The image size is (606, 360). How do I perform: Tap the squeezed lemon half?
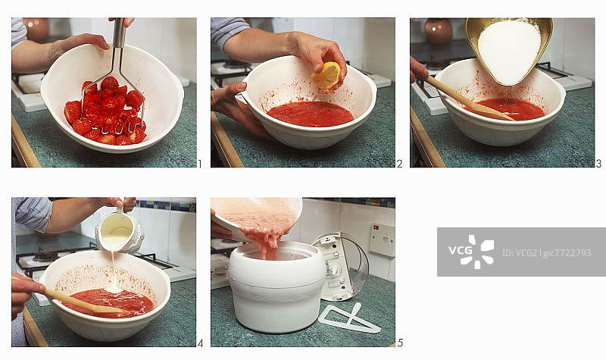(x=326, y=75)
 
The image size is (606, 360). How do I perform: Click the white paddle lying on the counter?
(x=349, y=319)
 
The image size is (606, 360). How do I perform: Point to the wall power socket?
(x=382, y=239)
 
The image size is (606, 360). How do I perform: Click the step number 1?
(x=200, y=164)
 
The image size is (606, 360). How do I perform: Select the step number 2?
(x=399, y=164)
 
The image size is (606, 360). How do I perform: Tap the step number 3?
(x=598, y=164)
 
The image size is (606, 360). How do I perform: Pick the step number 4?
(x=200, y=343)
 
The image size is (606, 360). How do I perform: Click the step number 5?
(x=400, y=343)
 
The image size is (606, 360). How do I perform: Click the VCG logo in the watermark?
(x=471, y=252)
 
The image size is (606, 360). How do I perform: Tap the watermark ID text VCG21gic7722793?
(x=547, y=253)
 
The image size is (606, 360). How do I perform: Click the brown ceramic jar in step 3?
(x=439, y=32)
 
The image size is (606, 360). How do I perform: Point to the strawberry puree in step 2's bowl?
(x=310, y=114)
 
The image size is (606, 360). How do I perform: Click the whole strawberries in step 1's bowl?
(x=106, y=111)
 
